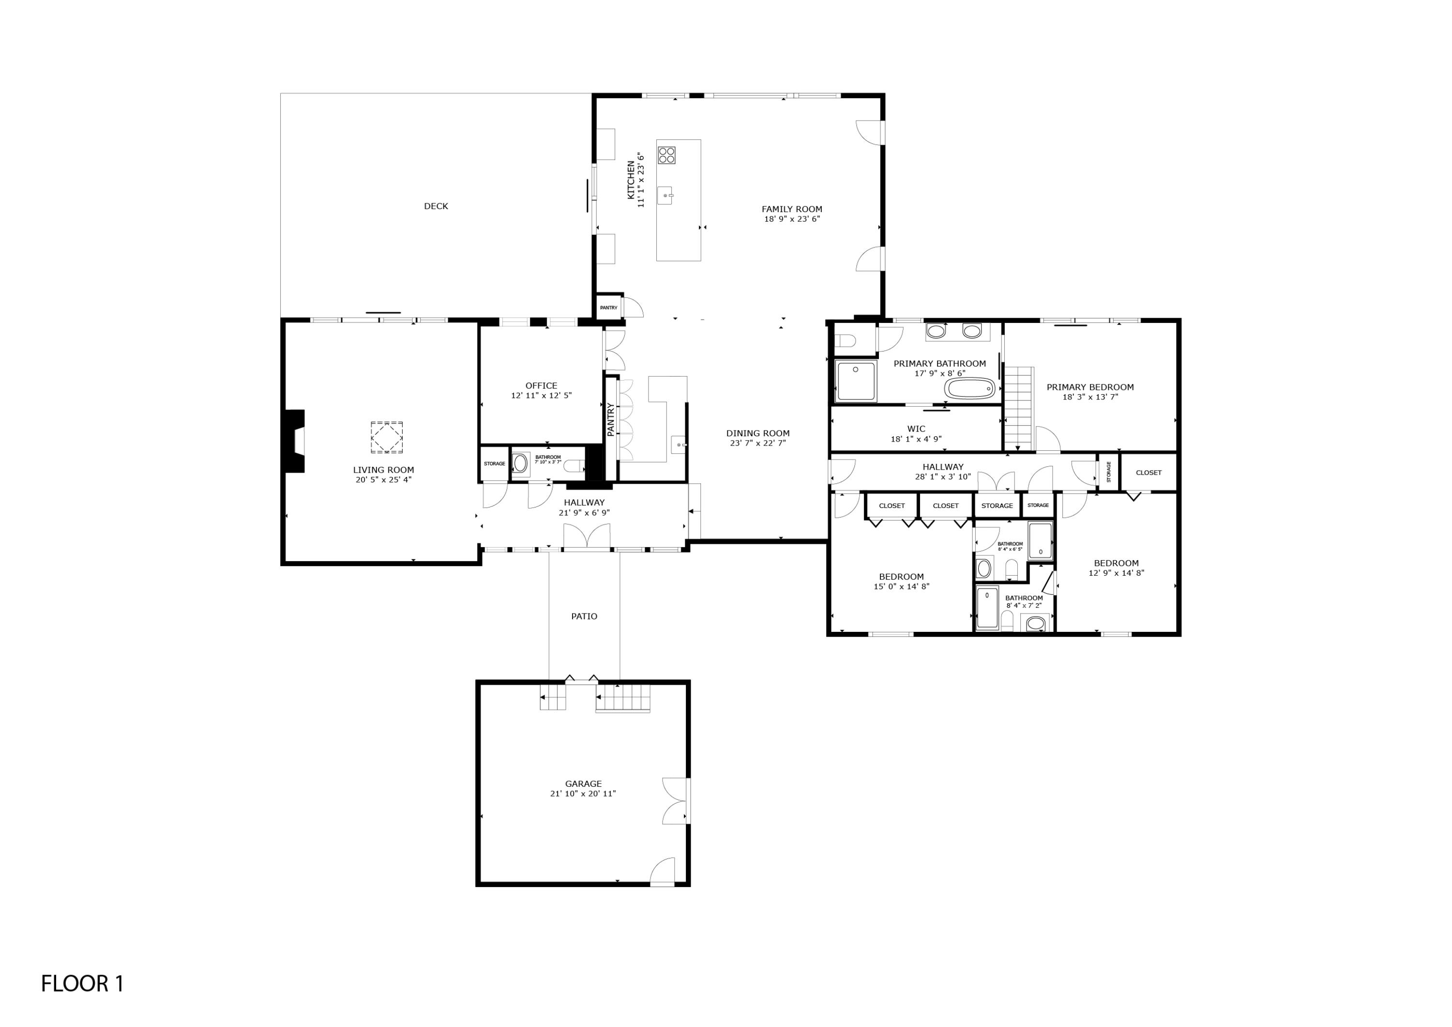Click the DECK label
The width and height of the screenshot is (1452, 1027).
click(436, 206)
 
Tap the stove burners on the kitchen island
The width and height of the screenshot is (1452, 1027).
click(666, 155)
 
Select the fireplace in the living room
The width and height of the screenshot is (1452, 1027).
click(295, 441)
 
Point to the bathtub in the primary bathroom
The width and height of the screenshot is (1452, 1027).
click(969, 388)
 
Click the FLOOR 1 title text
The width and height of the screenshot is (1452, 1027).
click(82, 983)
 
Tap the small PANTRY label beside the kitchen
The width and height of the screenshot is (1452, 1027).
click(608, 307)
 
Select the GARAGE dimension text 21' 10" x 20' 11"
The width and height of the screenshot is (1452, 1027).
click(582, 794)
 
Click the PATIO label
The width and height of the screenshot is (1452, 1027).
click(584, 616)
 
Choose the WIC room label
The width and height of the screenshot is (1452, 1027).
click(916, 429)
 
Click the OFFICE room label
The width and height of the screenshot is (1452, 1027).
click(541, 386)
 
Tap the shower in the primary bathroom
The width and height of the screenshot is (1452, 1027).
click(856, 381)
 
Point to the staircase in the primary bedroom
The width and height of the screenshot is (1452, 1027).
click(1018, 409)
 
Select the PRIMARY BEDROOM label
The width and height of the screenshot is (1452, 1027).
click(1089, 387)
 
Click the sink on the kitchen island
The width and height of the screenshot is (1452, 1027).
click(666, 196)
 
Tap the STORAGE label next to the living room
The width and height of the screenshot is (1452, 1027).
click(495, 464)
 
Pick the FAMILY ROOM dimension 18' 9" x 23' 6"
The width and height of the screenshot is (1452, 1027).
click(792, 219)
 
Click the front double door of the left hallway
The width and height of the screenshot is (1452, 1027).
click(588, 538)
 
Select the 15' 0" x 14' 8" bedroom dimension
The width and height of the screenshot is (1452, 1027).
click(901, 586)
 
